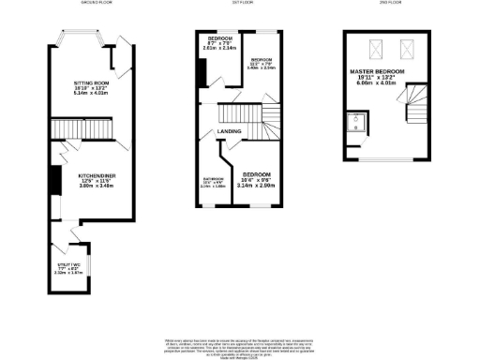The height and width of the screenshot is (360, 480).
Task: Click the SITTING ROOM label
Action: point(92,82)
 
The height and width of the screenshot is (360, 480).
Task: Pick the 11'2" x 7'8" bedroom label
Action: point(262,59)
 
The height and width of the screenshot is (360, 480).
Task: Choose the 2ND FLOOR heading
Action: point(387,3)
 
